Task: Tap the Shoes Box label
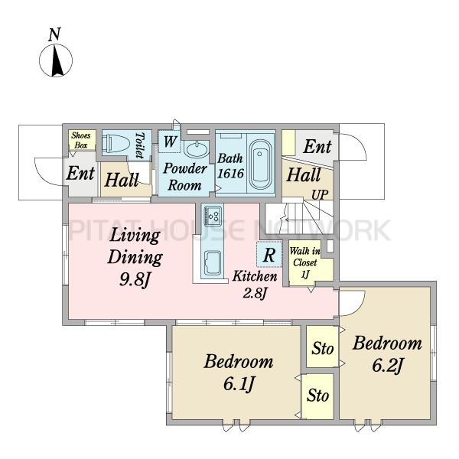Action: coord(81,140)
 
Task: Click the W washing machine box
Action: coord(170,142)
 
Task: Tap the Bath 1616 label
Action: coord(230,166)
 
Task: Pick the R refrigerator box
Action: coord(269,255)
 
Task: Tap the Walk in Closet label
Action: coord(304,262)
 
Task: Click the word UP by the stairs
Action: coord(319,194)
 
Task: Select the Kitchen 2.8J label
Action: coord(255,285)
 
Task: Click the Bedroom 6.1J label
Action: coord(238,373)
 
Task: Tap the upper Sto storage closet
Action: coord(322,347)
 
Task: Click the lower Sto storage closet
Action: coord(318,396)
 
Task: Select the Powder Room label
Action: coord(184,177)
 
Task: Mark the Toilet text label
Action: coord(141,145)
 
